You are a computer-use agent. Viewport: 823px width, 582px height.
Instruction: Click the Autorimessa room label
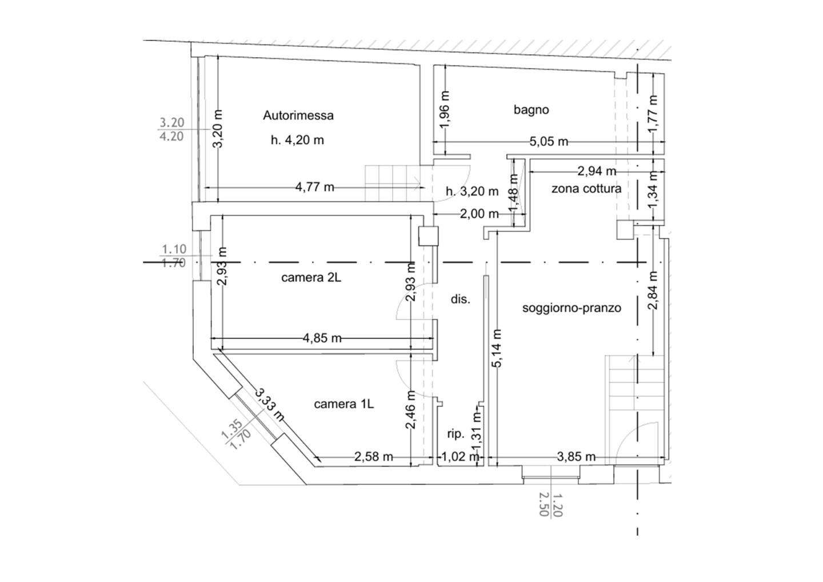tap(298, 115)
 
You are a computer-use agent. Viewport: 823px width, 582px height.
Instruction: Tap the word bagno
tap(532, 110)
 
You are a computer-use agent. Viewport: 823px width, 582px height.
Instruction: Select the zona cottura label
tap(586, 189)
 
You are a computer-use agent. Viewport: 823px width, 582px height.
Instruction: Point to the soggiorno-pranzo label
tap(572, 308)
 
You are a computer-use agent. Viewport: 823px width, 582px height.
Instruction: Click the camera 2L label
tap(311, 277)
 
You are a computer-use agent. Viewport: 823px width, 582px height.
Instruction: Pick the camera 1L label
tap(344, 404)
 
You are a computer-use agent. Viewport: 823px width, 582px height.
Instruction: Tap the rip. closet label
tap(456, 434)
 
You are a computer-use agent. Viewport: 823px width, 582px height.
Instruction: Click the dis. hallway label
tap(461, 300)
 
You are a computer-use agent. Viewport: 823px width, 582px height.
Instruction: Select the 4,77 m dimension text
tap(315, 188)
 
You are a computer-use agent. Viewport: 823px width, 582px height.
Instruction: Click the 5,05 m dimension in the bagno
tap(549, 141)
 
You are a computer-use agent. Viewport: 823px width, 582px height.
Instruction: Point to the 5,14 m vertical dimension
tap(496, 348)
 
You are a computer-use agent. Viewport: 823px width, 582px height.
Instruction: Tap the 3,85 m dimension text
tap(576, 457)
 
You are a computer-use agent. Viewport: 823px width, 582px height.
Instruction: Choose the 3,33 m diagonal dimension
tap(270, 405)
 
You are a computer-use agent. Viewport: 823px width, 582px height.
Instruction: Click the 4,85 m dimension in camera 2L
tap(322, 338)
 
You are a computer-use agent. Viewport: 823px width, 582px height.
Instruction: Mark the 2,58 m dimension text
tap(374, 457)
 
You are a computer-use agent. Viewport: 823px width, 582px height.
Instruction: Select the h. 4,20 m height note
tap(297, 141)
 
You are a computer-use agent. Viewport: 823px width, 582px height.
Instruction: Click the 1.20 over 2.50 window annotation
tap(551, 505)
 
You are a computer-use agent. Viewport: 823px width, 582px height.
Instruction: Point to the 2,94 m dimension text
tap(597, 171)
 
